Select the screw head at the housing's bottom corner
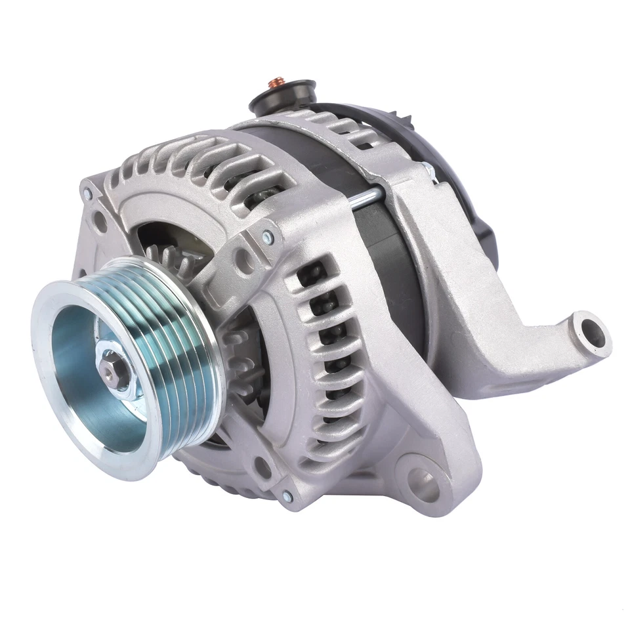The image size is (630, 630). point(287,497)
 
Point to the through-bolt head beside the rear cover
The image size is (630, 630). point(427,169)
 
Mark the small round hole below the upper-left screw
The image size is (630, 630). point(100,222)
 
